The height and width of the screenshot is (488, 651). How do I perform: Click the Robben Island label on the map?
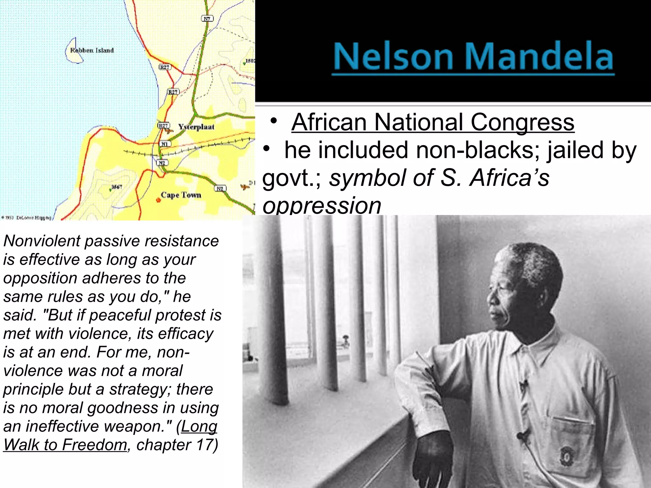point(92,51)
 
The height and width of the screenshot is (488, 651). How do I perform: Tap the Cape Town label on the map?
point(181,195)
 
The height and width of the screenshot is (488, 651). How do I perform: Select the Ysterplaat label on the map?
point(196,127)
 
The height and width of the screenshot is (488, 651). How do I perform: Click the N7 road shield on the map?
point(207,19)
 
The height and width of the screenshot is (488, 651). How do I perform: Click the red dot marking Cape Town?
point(158,200)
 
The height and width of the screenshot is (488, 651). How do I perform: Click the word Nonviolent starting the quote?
point(42,241)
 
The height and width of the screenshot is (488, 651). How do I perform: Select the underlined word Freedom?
point(94,444)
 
